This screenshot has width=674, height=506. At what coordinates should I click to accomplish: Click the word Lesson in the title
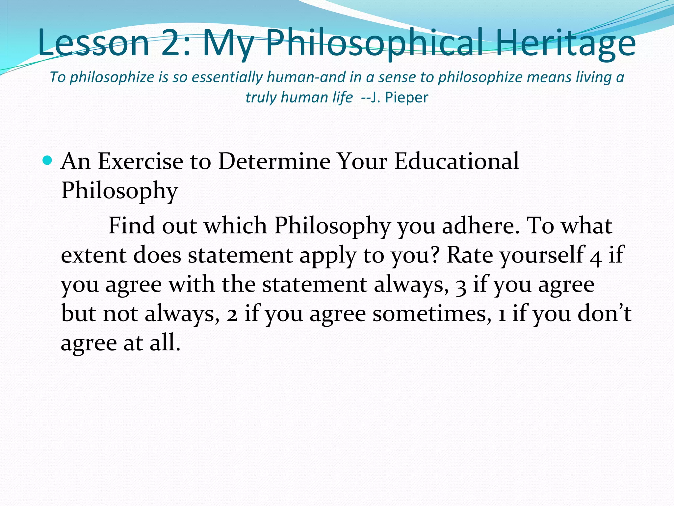click(x=94, y=43)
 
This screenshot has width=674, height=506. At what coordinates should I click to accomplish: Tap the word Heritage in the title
click(x=565, y=43)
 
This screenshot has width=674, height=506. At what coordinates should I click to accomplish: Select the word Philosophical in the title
click(x=375, y=43)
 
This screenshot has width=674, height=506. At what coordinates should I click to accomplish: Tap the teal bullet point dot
click(x=47, y=160)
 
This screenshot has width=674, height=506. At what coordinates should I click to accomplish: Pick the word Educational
click(x=456, y=161)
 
